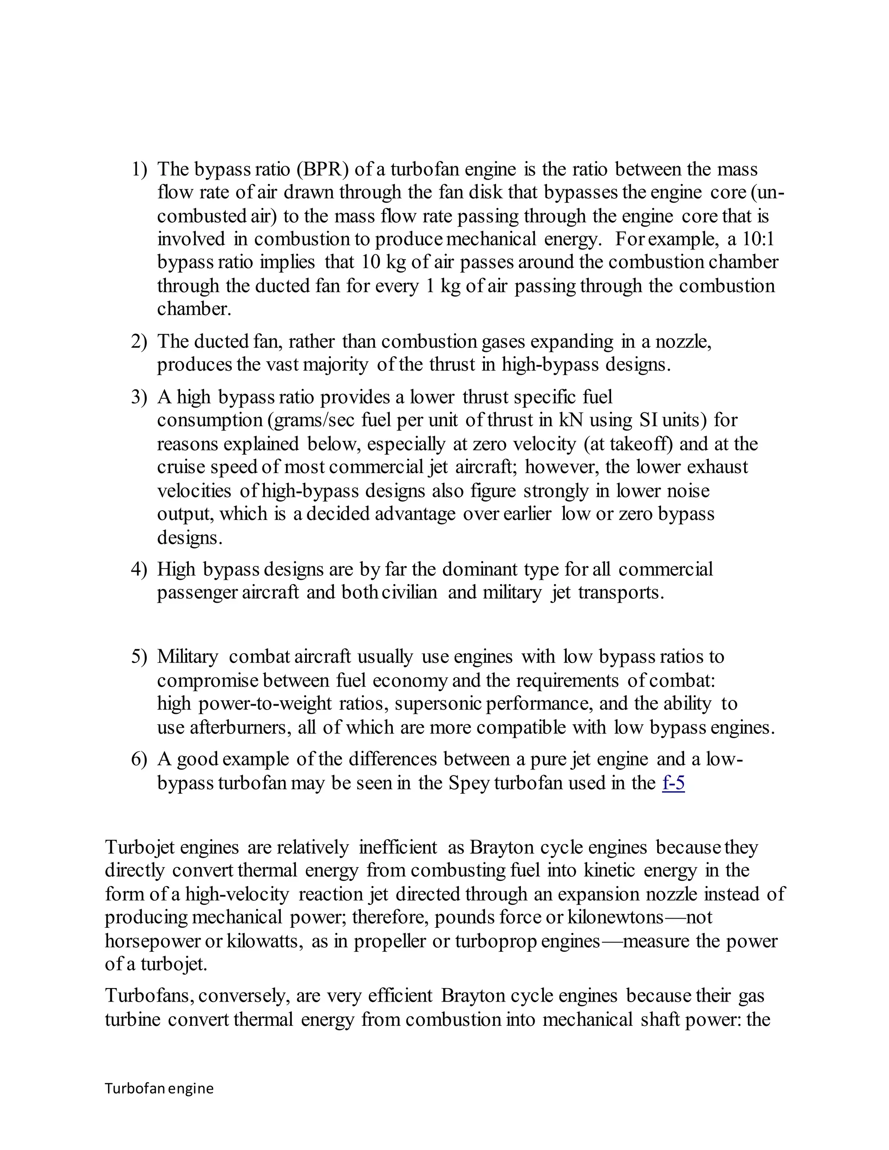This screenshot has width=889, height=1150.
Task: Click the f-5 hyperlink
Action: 673,783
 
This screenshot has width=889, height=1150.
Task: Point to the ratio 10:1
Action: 758,240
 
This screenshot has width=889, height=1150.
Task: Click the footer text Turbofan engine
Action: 159,1088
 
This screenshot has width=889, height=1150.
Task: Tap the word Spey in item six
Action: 469,783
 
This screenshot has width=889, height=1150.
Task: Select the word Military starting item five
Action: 187,657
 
